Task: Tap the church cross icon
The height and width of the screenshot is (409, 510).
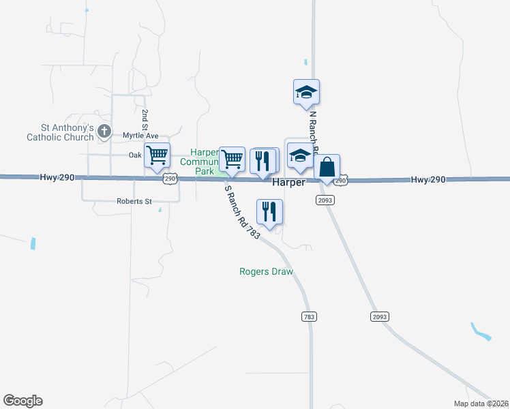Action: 104,131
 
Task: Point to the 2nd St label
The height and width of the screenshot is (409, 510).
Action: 145,119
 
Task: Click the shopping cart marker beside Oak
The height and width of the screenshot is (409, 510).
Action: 157,155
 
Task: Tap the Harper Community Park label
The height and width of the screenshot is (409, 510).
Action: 203,162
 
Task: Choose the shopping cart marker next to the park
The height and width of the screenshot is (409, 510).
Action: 232,159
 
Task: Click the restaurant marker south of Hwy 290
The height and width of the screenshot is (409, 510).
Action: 269,211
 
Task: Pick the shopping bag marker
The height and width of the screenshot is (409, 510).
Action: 327,167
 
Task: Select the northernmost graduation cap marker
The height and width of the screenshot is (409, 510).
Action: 306,92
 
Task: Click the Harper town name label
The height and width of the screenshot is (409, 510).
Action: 288,183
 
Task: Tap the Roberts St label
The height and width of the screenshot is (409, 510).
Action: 134,202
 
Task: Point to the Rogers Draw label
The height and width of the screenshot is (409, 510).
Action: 266,271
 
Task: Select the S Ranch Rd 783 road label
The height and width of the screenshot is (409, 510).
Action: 243,212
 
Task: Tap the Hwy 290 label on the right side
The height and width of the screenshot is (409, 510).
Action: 428,179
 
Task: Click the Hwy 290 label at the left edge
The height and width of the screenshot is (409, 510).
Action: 57,177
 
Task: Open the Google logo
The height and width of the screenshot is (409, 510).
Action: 22,401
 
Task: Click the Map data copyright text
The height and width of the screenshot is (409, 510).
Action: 481,404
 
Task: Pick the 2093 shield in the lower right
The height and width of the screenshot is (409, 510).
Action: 379,317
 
